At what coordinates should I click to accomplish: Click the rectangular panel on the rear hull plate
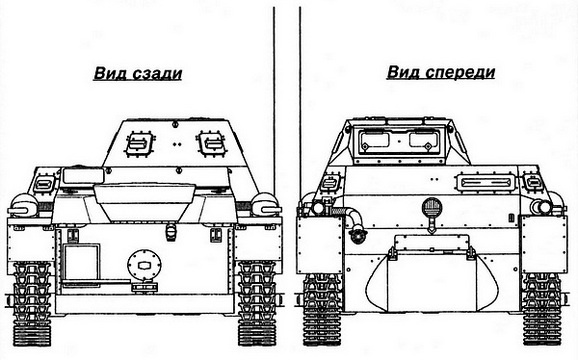pyautogui.click(x=77, y=263)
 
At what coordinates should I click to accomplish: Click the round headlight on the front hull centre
pyautogui.click(x=433, y=209)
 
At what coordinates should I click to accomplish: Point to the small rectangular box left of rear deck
pyautogui.click(x=43, y=185)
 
